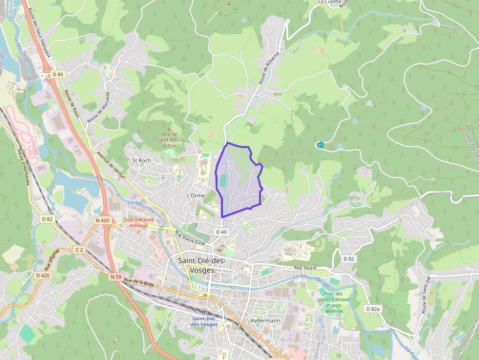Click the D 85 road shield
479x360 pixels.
tap(58, 74)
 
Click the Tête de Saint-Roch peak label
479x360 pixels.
tap(169, 139)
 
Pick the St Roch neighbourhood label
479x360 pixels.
tap(142, 160)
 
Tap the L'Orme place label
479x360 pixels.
tap(196, 195)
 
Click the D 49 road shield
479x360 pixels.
tap(221, 232)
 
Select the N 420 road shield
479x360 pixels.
tap(103, 220)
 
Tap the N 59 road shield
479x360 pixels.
tap(116, 277)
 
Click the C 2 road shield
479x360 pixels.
tap(79, 250)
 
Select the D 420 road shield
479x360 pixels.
tap(43, 275)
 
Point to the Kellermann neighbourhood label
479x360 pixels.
tap(265, 320)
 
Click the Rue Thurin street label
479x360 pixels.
tap(305, 268)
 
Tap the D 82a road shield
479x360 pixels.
tap(373, 309)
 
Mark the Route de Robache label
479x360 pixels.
tap(268, 68)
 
